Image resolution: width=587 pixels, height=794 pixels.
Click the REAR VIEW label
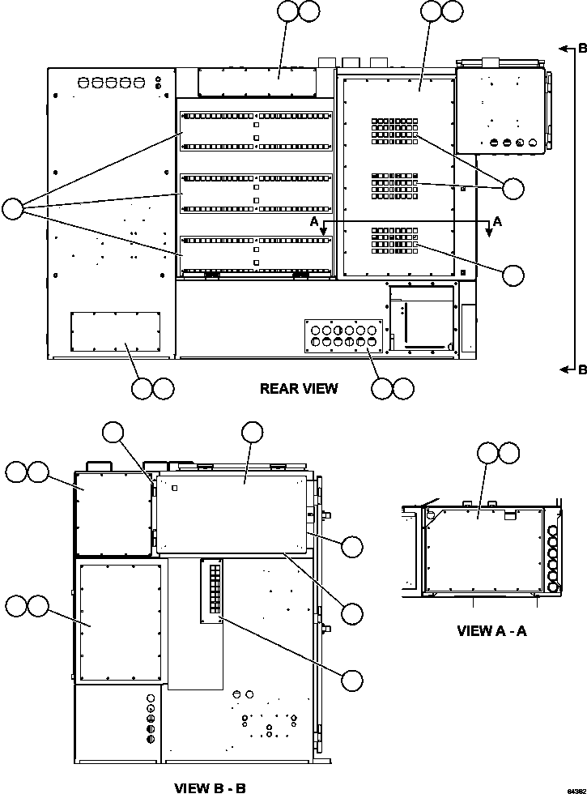tap(299, 389)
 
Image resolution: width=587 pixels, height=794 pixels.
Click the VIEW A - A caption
tap(492, 630)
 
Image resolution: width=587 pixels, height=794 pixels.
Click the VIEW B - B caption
tap(210, 787)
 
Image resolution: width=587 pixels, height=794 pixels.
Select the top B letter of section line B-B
tap(582, 49)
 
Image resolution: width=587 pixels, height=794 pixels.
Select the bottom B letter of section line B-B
tap(582, 370)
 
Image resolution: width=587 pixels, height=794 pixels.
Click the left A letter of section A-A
tap(313, 220)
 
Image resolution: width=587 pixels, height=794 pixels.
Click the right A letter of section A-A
tap(497, 220)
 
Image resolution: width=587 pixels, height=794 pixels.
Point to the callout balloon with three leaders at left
tap(13, 209)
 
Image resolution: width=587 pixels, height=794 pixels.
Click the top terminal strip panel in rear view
tap(255, 130)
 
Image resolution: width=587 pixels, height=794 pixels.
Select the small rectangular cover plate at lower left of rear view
tap(115, 332)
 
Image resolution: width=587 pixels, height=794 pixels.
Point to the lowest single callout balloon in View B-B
tap(351, 681)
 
